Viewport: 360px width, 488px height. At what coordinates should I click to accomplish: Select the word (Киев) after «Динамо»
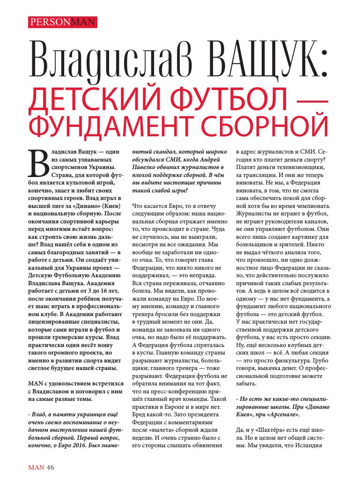(110, 207)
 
